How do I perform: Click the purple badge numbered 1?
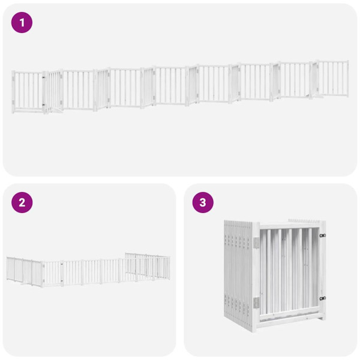coord(22,23)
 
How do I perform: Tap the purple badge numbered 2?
coord(22,202)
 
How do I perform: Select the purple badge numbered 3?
coord(203,202)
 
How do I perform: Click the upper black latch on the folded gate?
coord(322,236)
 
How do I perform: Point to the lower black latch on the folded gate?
coord(322,298)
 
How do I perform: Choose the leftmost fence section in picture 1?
coord(28,91)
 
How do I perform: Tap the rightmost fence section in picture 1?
coord(332,78)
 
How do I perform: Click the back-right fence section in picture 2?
coord(147,264)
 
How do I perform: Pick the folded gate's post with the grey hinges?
coord(256,273)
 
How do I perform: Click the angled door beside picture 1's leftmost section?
coord(55,92)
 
